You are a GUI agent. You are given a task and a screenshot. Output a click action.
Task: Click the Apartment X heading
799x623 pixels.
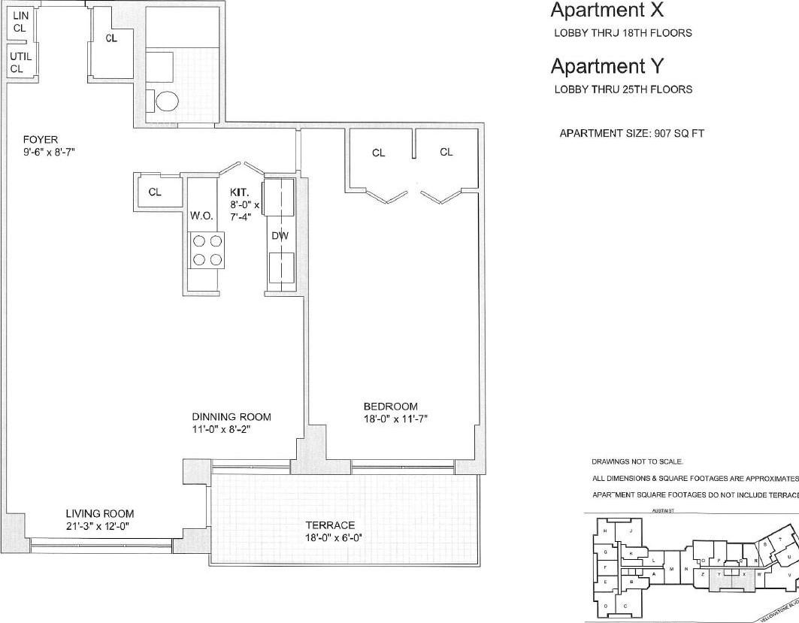607,11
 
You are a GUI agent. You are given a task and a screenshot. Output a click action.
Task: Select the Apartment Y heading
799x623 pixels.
607,66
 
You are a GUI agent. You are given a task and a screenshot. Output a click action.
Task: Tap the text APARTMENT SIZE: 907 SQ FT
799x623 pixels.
631,134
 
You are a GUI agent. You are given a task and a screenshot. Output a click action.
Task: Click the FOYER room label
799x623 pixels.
41,139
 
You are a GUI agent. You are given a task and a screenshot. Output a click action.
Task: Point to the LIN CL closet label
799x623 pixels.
20,22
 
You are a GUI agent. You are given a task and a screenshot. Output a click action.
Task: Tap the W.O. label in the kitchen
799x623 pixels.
201,216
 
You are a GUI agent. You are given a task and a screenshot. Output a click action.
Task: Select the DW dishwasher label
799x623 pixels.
280,236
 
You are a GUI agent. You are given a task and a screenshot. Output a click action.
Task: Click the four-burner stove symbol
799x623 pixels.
207,250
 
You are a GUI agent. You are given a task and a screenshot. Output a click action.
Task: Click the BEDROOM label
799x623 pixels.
390,406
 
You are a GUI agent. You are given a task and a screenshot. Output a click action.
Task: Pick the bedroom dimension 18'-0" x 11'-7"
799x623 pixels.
395,419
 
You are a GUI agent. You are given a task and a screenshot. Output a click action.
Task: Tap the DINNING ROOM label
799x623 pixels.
231,417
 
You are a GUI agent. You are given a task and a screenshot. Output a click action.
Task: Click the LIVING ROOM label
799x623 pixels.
97,514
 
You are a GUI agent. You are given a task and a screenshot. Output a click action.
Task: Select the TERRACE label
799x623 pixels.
330,525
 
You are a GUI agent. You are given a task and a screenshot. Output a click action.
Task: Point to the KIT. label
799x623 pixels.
240,192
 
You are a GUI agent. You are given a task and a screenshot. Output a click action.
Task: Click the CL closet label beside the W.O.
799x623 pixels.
155,192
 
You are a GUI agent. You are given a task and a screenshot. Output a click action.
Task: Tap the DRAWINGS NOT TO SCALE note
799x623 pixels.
637,461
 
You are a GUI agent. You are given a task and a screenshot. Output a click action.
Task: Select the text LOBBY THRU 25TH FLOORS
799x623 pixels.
623,89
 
